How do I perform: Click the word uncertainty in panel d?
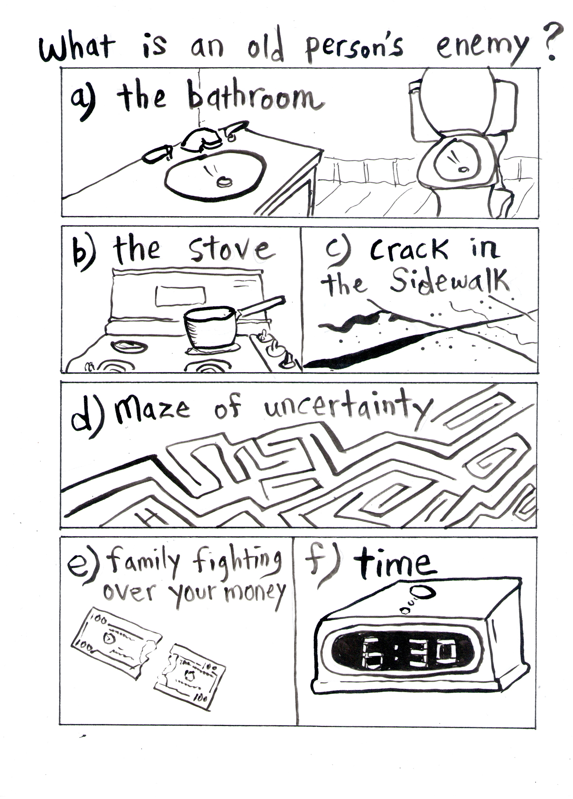347,409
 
